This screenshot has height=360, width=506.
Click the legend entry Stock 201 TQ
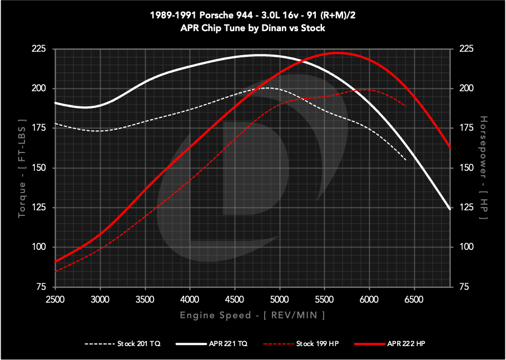(x=138, y=344)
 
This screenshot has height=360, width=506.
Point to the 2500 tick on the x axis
(x=54, y=299)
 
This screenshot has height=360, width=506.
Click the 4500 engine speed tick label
(x=235, y=299)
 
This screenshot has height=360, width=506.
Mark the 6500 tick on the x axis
(x=414, y=299)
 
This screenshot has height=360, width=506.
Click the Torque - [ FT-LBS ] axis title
(x=22, y=167)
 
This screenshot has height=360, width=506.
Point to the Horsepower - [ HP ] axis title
(x=483, y=167)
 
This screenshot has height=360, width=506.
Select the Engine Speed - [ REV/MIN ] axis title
(x=252, y=315)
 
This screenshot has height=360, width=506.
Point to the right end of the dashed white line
(x=406, y=160)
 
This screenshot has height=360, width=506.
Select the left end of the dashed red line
(x=55, y=272)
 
